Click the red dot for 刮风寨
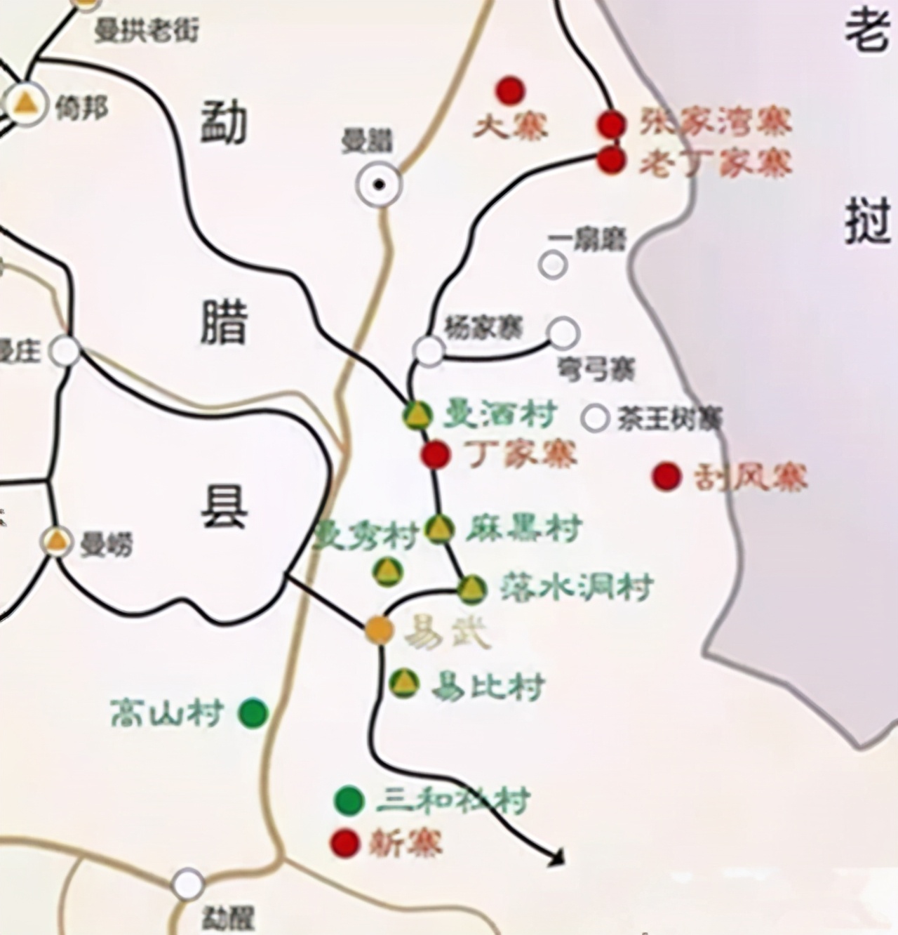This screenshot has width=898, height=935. tap(666, 477)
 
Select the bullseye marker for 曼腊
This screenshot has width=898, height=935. tap(379, 185)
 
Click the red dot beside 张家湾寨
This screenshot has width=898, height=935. tap(611, 124)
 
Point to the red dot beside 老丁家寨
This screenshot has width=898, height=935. tap(611, 160)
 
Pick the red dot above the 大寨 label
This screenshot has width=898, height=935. tap(510, 90)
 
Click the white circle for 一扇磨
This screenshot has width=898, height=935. tap(553, 265)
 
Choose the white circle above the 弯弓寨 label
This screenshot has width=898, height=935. tap(563, 333)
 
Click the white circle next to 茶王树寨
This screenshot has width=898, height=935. tap(595, 418)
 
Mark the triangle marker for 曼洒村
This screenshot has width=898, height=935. tap(417, 416)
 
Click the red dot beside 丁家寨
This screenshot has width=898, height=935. tap(435, 455)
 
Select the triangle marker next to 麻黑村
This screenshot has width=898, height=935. tap(439, 529)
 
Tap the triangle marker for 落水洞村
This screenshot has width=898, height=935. tap(472, 589)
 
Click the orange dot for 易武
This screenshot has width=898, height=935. tap(379, 630)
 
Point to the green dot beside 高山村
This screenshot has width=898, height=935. tap(253, 713)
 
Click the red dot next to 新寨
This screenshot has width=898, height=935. tap(344, 842)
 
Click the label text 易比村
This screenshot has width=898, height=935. tap(488, 686)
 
